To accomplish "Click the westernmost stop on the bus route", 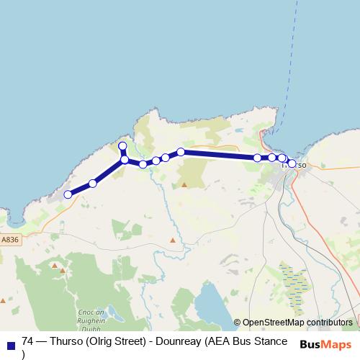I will point(68,194).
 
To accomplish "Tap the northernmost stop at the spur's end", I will point(122,146).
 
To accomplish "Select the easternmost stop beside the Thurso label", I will point(291,163).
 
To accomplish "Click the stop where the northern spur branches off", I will point(125,159).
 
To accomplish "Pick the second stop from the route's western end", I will point(92,184).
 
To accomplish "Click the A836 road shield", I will point(10,240).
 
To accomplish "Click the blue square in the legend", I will point(10,345).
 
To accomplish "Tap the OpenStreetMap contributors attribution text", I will point(297,322).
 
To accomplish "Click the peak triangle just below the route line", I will point(184,185).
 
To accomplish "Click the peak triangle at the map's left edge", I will point(3,300).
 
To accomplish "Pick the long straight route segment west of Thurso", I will point(220,154).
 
